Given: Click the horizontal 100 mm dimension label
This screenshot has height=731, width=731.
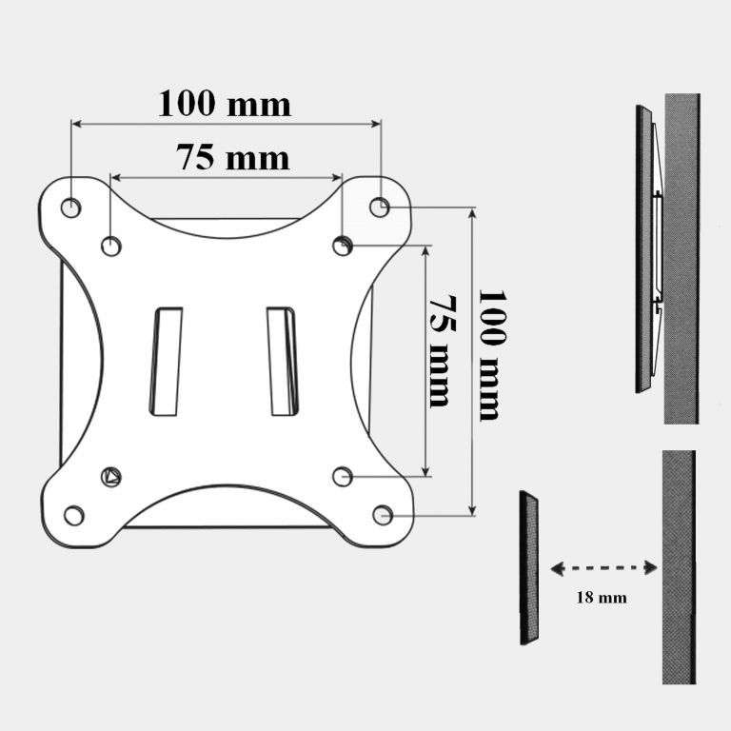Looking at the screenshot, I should click(225, 103).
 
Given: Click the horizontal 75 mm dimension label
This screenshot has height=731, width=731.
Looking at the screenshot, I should click(232, 157).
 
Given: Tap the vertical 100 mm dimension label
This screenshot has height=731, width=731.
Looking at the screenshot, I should click(489, 354).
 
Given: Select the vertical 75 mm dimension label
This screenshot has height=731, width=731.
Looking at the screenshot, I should click(439, 350).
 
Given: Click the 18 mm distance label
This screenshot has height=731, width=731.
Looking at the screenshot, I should click(601, 599).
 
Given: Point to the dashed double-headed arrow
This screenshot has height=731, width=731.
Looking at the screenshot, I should click(603, 568).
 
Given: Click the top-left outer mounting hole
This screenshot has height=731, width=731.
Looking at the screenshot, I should click(70, 207).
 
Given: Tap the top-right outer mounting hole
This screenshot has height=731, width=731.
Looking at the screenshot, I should click(380, 206).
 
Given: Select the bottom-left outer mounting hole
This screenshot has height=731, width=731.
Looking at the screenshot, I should click(73, 516).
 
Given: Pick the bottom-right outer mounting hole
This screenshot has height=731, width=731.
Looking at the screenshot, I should click(383, 515).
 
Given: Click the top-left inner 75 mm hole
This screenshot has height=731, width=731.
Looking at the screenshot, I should click(111, 247).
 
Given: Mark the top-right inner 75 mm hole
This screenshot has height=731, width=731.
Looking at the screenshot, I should click(343, 247).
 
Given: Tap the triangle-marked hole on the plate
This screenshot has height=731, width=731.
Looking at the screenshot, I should click(111, 477).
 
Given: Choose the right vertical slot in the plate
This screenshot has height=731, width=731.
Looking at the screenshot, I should click(282, 361).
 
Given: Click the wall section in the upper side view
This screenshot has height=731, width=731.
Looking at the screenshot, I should click(682, 257).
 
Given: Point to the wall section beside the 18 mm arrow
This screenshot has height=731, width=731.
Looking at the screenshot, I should click(679, 566).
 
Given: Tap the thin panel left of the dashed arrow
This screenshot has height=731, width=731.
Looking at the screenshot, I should click(529, 567).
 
